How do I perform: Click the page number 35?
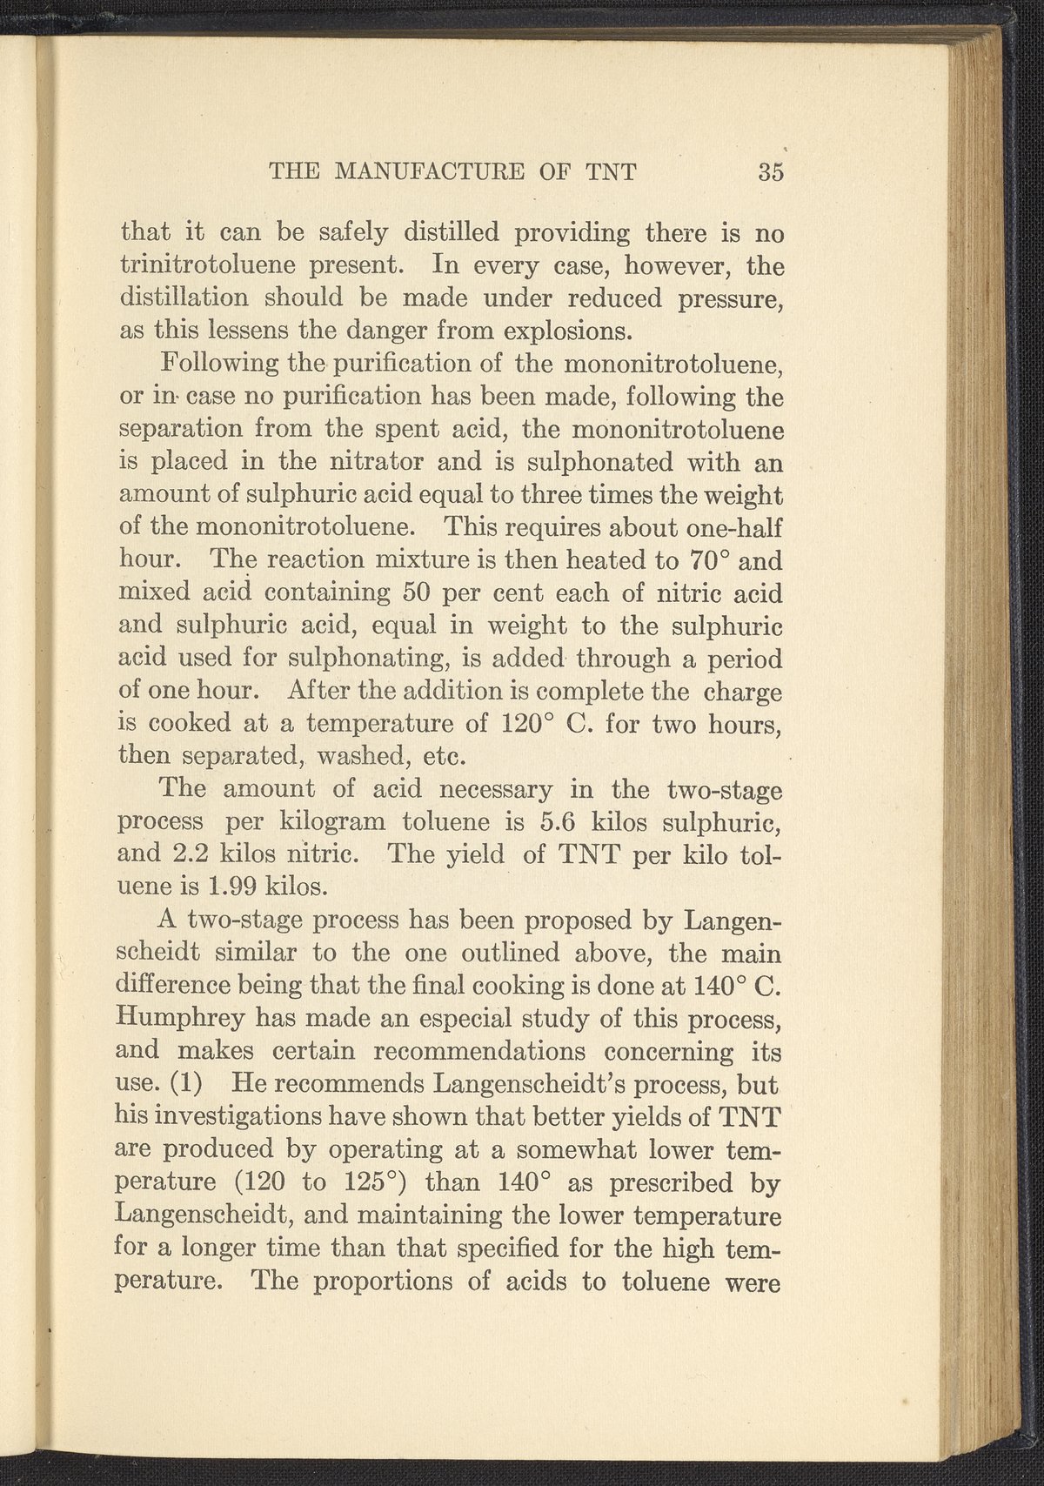point(771,171)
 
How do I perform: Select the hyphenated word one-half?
point(736,528)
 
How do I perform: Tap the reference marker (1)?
point(188,1085)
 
